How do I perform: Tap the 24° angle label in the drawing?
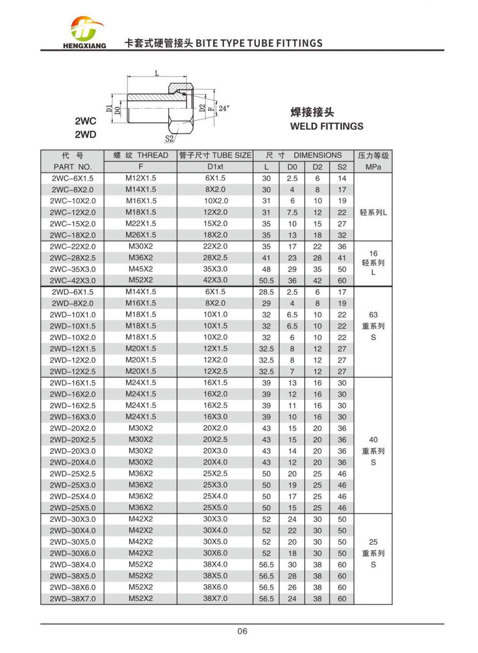coord(224,109)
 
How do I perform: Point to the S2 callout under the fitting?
coord(169,139)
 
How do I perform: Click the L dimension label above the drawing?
coord(157,73)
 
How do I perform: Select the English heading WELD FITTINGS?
coord(326,126)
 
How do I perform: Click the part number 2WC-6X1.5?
coord(73,178)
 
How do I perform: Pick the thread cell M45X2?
coord(141,269)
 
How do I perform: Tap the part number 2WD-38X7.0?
coord(73,599)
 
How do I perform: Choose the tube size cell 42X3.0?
coord(215,280)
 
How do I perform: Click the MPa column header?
coord(373,167)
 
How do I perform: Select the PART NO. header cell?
coord(73,167)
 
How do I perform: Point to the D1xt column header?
coord(215,167)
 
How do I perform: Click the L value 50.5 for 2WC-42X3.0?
coord(266,281)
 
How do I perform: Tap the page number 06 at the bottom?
coord(242,631)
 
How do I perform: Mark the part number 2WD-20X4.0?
coord(73,463)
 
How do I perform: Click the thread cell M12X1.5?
coord(141,178)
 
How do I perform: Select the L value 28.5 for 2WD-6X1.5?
coord(266,292)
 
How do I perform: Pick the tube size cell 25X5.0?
coord(215,508)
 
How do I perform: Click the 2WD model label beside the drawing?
coord(85,134)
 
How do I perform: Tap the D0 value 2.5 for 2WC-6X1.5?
coord(292,178)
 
